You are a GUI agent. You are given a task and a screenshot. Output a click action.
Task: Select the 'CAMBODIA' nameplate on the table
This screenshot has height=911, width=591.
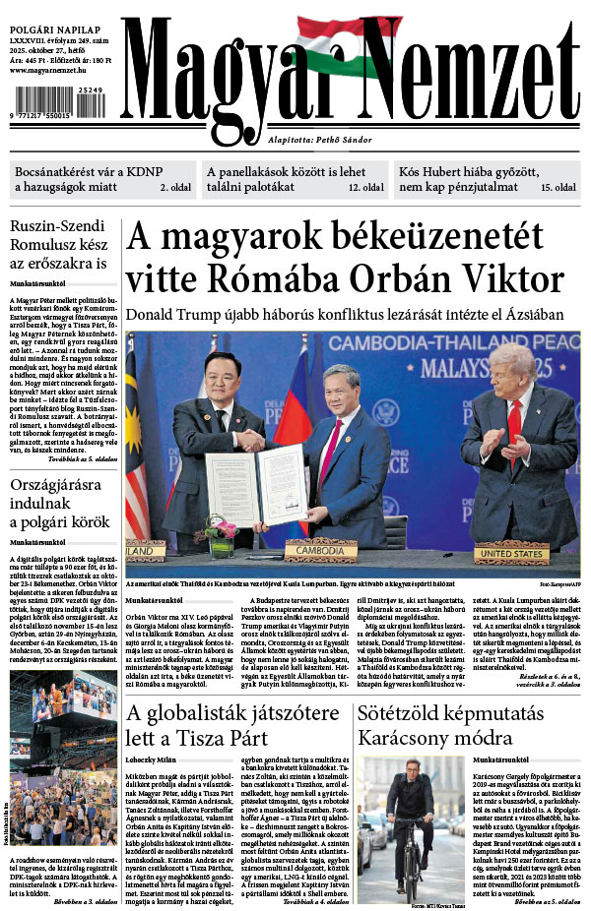(320, 552)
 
